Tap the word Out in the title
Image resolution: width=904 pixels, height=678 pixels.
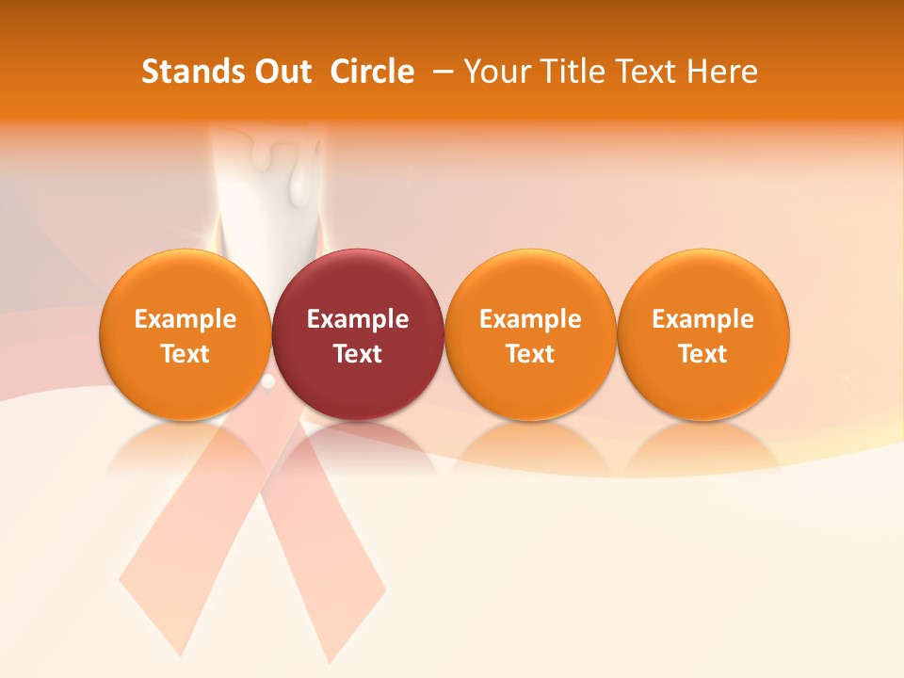(281, 72)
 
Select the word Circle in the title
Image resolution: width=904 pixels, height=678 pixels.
(372, 72)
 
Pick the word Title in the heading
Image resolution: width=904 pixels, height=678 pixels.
(573, 72)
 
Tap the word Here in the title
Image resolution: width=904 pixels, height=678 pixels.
(722, 72)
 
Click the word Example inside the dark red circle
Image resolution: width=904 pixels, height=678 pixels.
(358, 319)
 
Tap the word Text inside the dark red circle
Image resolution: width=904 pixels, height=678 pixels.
(358, 354)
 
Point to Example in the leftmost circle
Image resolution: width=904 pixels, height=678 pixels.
(186, 319)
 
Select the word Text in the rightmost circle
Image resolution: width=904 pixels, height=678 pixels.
(703, 354)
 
